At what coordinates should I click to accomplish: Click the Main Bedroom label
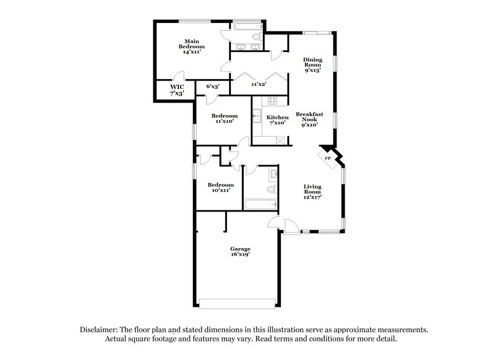[x=191, y=47]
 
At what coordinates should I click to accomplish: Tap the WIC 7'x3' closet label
[x=177, y=90]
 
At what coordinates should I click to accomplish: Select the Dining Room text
[x=312, y=65]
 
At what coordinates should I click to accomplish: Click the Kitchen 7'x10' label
[x=277, y=120]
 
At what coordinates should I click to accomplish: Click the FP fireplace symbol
[x=328, y=158]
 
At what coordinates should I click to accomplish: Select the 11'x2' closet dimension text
[x=258, y=84]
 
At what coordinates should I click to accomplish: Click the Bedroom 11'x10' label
[x=224, y=118]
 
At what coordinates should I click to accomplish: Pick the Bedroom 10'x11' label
[x=220, y=188]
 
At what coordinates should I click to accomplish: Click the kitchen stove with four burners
[x=273, y=100]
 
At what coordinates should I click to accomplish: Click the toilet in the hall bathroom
[x=270, y=189]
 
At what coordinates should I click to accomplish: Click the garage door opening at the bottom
[x=238, y=303]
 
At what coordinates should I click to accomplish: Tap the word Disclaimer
[x=100, y=330]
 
